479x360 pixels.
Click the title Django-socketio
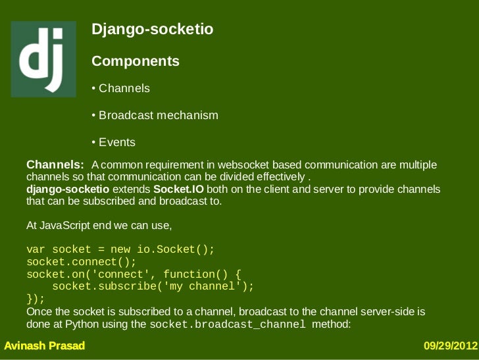(x=152, y=30)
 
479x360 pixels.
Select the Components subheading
(x=135, y=61)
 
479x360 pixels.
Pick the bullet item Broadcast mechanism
(x=155, y=115)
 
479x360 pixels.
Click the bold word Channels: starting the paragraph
(x=55, y=164)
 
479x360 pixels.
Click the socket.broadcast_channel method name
(x=228, y=325)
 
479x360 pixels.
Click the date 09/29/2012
(x=450, y=346)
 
